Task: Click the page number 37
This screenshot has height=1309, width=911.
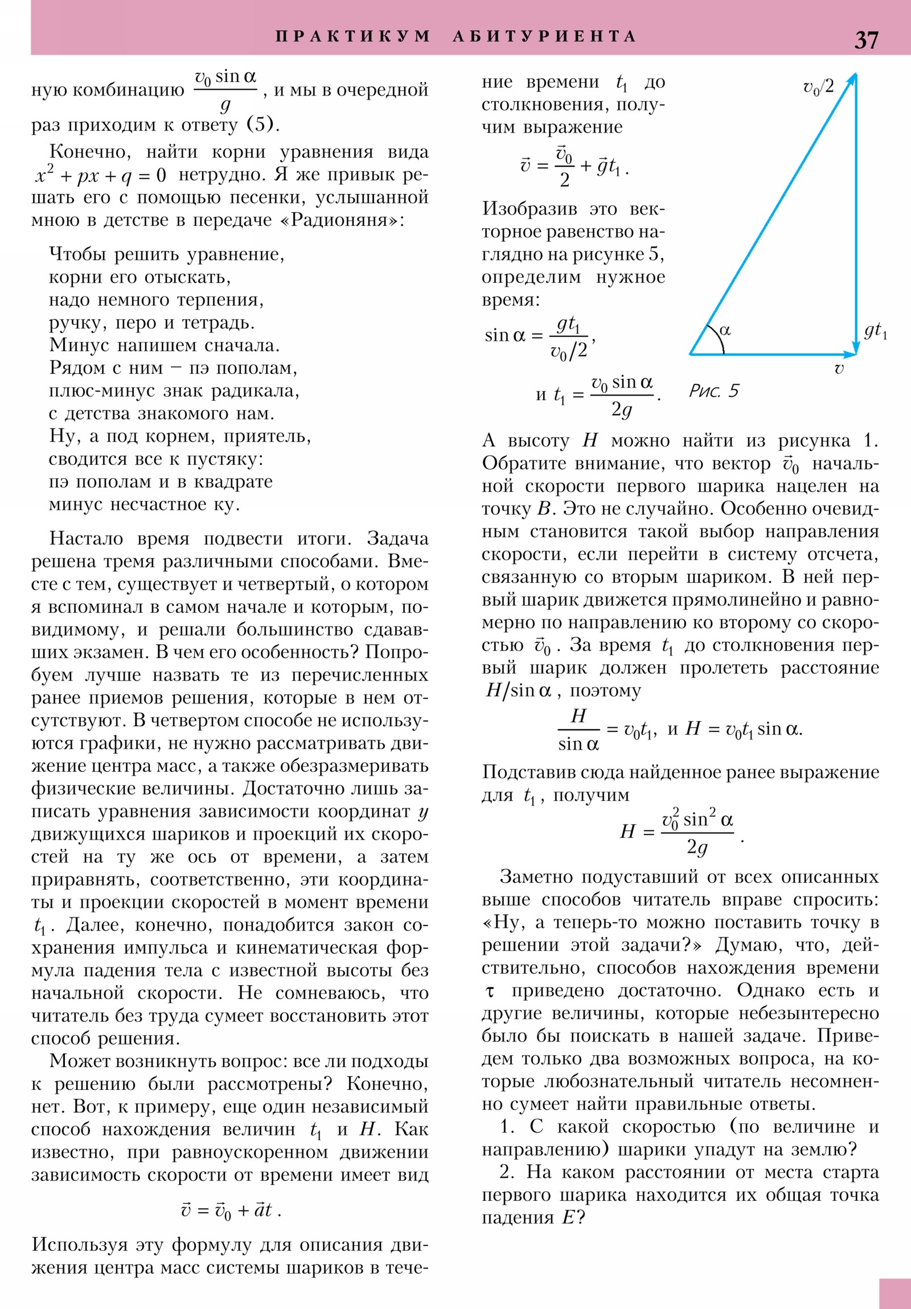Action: pyautogui.click(x=866, y=40)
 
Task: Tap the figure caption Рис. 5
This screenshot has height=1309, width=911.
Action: pyautogui.click(x=713, y=391)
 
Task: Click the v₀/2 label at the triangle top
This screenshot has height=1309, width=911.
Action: pyautogui.click(x=818, y=87)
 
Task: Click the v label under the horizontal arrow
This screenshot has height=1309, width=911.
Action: pyautogui.click(x=839, y=369)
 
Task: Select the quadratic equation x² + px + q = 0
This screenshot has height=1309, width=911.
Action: pyautogui.click(x=100, y=176)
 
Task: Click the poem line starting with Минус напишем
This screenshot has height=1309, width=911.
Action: pyautogui.click(x=165, y=345)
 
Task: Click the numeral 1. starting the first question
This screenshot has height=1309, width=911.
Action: pyautogui.click(x=507, y=1127)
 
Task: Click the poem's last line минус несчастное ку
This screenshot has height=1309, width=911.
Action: pyautogui.click(x=144, y=505)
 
